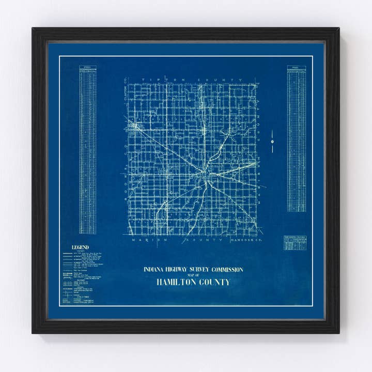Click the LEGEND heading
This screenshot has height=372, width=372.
(x=80, y=247)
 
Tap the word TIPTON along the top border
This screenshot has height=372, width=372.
(x=154, y=80)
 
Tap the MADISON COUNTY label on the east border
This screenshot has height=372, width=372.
(x=257, y=124)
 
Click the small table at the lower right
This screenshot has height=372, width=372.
(x=295, y=243)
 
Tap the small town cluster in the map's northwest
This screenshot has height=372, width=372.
(x=137, y=126)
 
